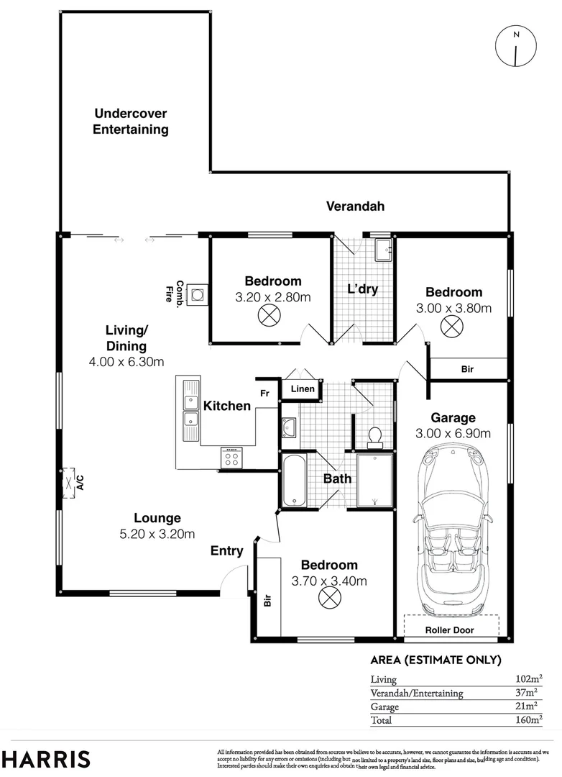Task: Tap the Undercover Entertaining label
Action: click(131, 122)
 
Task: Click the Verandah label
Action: click(355, 206)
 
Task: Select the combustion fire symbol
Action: click(195, 294)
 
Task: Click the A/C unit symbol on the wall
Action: click(70, 481)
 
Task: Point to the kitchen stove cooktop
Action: click(231, 458)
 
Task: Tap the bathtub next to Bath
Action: click(294, 481)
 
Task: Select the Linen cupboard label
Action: click(301, 390)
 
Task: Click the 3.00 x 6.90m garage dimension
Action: click(453, 433)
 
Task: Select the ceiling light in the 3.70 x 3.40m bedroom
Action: click(328, 596)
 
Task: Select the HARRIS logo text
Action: click(45, 759)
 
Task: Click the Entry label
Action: click(226, 551)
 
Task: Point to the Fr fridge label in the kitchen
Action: click(264, 394)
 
